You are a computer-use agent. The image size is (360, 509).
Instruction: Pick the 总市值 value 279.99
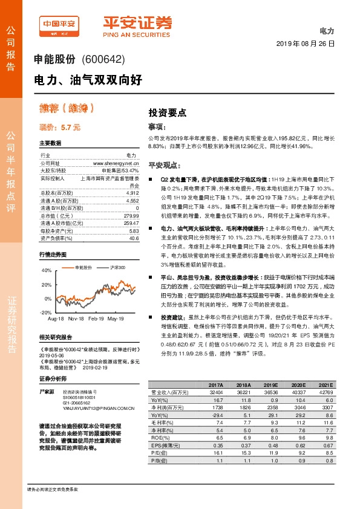click(x=131, y=216)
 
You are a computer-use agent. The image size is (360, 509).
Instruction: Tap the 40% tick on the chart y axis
click(x=45, y=270)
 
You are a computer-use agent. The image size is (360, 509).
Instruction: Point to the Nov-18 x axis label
click(x=77, y=318)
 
